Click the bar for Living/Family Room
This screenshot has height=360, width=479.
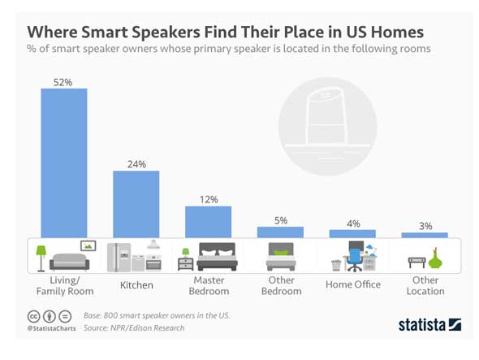tap(64, 163)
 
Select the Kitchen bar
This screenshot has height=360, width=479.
tap(136, 204)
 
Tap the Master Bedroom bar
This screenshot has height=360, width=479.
tap(209, 222)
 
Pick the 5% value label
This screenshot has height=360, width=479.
tap(281, 220)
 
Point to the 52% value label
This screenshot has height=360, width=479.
tap(63, 82)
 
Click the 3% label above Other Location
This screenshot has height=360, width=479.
tap(425, 226)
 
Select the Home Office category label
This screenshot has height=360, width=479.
tap(353, 284)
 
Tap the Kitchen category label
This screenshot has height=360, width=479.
tap(136, 285)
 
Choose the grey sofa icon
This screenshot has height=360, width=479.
tap(70, 262)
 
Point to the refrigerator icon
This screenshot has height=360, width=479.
tap(119, 258)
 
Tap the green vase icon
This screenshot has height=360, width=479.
tap(435, 259)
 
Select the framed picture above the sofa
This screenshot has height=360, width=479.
tap(88, 245)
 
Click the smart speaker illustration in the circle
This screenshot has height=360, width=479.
tap(327, 117)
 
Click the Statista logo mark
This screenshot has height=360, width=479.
tap(455, 324)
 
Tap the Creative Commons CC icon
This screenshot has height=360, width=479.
tap(33, 317)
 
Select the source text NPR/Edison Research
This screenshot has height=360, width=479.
tap(147, 327)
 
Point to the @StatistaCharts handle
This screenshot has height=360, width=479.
tap(51, 328)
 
